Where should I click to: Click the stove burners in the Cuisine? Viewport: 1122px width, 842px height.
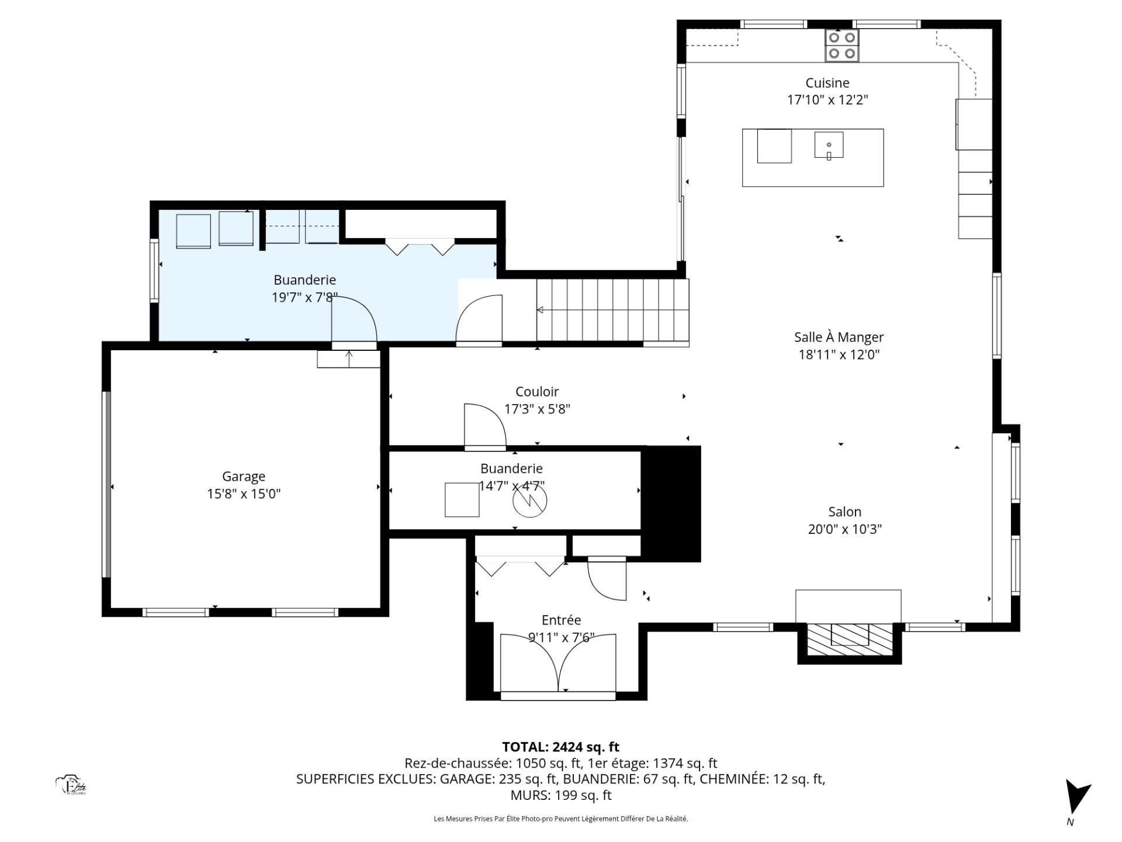[842, 46]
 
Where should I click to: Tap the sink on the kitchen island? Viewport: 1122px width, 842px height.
[829, 145]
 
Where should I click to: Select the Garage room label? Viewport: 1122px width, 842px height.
[244, 477]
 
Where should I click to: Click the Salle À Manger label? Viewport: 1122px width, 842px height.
[839, 337]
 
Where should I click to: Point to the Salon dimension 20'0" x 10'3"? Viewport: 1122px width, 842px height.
[844, 529]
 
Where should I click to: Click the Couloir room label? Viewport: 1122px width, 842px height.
[537, 392]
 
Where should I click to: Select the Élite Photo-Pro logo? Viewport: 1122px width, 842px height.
[71, 785]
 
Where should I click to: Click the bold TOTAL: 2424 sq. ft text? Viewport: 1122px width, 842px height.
[560, 747]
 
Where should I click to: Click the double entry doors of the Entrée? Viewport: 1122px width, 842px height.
[558, 663]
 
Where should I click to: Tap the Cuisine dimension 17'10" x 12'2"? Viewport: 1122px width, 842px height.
[827, 100]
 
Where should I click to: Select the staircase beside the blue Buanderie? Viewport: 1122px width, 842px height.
[613, 310]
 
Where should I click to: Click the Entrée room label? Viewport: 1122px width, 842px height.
[561, 620]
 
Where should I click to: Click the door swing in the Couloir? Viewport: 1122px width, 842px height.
[485, 425]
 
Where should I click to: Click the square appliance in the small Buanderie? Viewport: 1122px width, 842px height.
[462, 500]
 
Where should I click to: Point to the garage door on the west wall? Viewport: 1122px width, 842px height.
[106, 485]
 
